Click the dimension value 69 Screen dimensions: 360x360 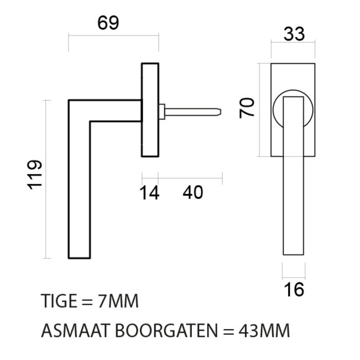(x=107, y=23)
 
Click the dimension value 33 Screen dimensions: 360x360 (x=294, y=34)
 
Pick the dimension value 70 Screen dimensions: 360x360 (x=248, y=109)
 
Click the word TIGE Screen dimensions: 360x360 (x=58, y=301)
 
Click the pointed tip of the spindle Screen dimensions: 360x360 (x=220, y=110)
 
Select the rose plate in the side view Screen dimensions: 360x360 (x=150, y=110)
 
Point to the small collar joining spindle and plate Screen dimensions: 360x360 (x=163, y=110)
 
